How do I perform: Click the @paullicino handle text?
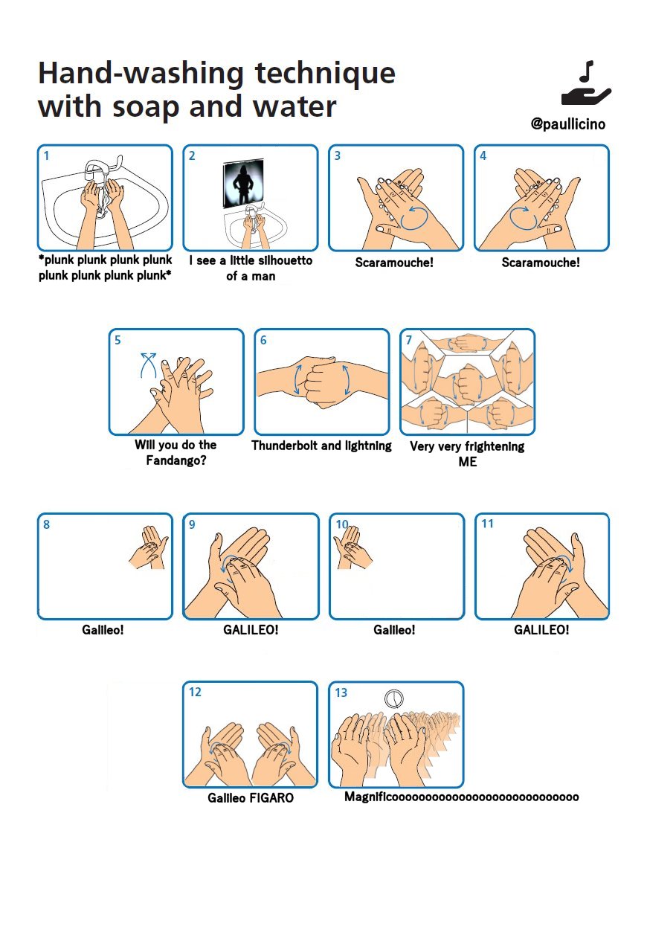point(568,123)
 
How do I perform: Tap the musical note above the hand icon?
point(587,71)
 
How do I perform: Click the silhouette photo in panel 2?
point(243,183)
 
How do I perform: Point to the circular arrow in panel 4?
point(524,217)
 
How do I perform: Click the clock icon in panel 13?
point(393,698)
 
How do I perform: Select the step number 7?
point(408,340)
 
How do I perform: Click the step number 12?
point(195,692)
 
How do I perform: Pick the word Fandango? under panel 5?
point(176,460)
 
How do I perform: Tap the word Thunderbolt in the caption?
point(285,446)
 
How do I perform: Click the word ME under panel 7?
point(467,462)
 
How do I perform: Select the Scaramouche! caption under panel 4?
point(541,262)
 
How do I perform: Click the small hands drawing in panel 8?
point(149,547)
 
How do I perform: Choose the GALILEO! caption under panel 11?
point(541,629)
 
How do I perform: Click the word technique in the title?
point(325,74)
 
